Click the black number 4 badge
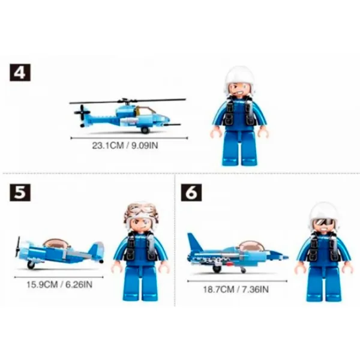(20, 73)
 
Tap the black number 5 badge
(20, 193)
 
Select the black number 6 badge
(191, 193)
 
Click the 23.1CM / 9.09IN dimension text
(125, 146)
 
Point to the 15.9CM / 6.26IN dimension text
(59, 284)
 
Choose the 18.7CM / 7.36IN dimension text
(236, 289)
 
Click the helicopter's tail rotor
(82, 113)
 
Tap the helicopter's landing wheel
(145, 130)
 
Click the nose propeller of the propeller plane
(17, 247)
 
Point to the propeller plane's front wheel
(31, 265)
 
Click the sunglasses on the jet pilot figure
(324, 221)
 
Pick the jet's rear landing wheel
(216, 269)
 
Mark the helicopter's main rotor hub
(126, 101)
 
